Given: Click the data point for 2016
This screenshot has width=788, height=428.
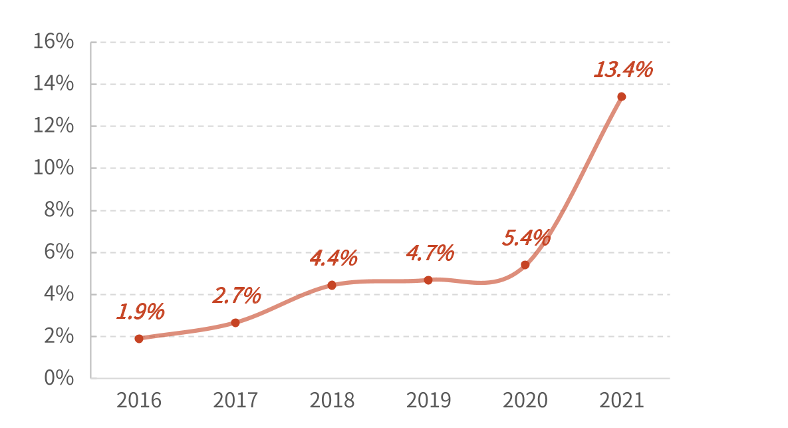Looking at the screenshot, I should point(139,339).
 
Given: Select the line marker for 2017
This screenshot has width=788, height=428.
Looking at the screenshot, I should point(235,323).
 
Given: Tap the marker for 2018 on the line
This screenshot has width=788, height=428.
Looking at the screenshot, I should point(332,286).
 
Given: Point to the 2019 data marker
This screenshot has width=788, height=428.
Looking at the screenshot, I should point(428,280).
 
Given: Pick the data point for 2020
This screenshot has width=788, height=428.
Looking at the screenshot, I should point(525,265).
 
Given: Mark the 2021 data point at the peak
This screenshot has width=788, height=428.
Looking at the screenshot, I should point(622,97).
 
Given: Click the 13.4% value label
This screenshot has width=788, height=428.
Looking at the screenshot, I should point(623,70).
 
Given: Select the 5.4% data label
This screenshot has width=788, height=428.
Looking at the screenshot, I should point(527,238).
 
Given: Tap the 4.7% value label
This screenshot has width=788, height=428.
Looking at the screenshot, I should point(430,254).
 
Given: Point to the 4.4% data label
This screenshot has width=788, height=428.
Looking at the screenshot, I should point(333,258).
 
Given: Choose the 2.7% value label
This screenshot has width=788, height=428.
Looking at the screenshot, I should point(237,296).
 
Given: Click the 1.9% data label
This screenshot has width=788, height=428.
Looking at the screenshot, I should point(140,312).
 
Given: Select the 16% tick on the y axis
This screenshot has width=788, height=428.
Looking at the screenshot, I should point(53,42).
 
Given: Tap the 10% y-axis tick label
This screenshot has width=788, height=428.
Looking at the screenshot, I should point(53,168).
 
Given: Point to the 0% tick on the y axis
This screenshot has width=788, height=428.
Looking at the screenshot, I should point(59,378).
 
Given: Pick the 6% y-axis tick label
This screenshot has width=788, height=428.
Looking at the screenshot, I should point(59,252).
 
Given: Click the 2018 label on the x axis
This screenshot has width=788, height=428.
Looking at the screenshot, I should point(332,401).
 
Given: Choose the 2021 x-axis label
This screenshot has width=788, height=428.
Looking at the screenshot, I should point(622,401).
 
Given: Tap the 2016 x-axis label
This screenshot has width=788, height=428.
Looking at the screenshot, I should point(139,401).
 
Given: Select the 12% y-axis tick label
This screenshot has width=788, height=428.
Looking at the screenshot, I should point(53,126).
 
